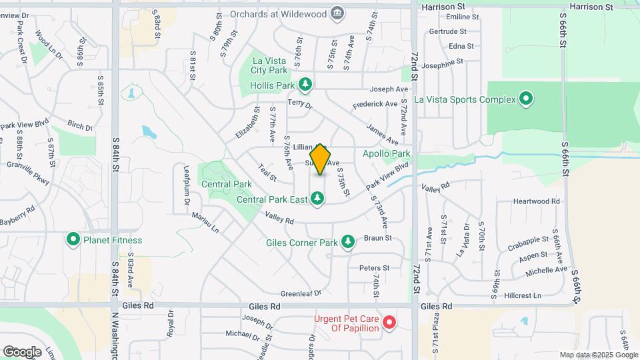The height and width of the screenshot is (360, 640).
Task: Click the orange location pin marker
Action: coord(321,159)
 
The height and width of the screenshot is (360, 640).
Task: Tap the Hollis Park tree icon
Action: coord(305,84)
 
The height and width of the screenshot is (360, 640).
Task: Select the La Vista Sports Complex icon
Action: coord(525,99)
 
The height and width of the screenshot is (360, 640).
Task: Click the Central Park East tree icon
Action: coord(317,198)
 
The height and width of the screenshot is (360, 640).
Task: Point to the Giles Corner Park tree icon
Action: coord(347,241)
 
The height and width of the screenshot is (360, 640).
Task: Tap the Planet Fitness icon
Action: coord(73,239)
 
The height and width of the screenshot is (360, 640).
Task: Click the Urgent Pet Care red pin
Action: coord(389,323)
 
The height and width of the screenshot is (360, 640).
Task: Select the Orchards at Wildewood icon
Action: coord(337,13)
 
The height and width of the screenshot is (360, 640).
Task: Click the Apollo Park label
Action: coord(386,154)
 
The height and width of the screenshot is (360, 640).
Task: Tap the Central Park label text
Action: coord(227,184)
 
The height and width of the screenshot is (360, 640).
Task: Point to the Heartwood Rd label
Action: coord(536,201)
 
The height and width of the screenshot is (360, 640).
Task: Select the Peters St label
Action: coord(374,268)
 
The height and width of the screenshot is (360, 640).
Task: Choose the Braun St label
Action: coord(377,238)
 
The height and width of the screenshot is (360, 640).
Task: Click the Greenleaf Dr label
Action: coord(301,293)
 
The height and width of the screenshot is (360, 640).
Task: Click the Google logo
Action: coord(22,351)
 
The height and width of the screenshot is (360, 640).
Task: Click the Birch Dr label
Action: coord(80,125)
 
